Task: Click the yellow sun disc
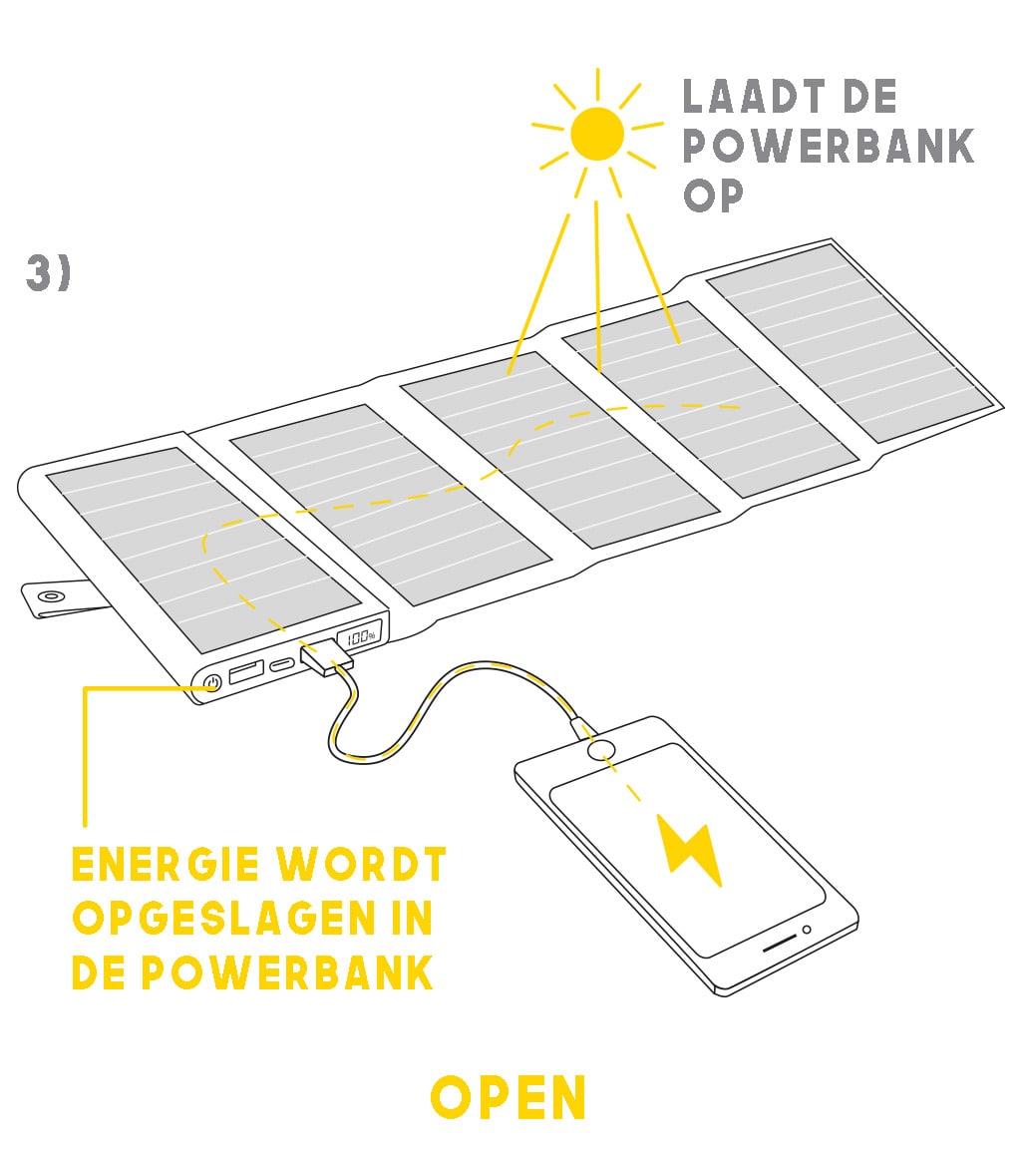pos(597,133)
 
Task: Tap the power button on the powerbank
pos(211,684)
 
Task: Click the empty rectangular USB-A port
pos(245,671)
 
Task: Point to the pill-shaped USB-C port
pos(281,662)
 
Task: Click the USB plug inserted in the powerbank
pos(325,659)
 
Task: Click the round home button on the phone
pos(601,751)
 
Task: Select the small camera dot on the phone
pos(807,930)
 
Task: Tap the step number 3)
pos(48,274)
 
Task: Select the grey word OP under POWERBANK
pos(714,194)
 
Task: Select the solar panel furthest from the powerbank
pos(851,341)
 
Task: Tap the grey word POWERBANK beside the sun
pos(828,147)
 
